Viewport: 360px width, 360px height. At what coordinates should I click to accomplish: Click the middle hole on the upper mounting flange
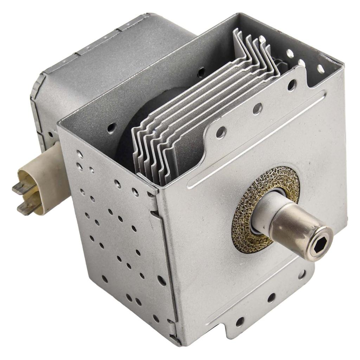[x=257, y=109]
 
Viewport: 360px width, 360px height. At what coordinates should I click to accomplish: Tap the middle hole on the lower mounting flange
[x=271, y=298]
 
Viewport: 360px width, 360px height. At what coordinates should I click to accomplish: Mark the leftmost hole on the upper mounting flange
[x=221, y=132]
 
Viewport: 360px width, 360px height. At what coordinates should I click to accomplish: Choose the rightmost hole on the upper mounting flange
[x=291, y=85]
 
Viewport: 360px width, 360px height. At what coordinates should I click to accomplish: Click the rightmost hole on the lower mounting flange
[x=302, y=274]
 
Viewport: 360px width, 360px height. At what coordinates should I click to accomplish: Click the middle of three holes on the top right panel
[x=302, y=63]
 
